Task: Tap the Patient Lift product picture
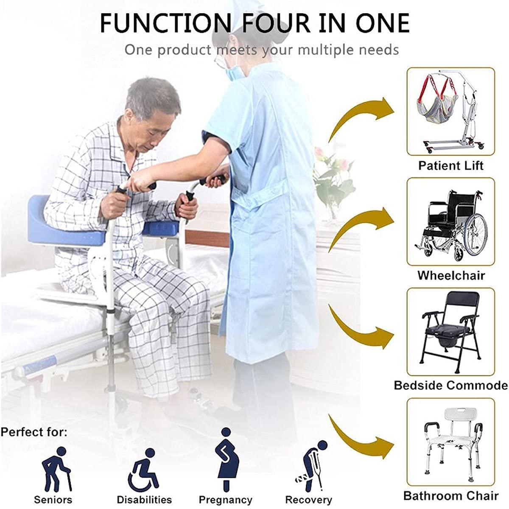[451, 111]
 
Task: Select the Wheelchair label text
[451, 275]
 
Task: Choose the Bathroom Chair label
[451, 495]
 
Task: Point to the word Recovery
[308, 500]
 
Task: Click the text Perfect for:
[34, 433]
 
